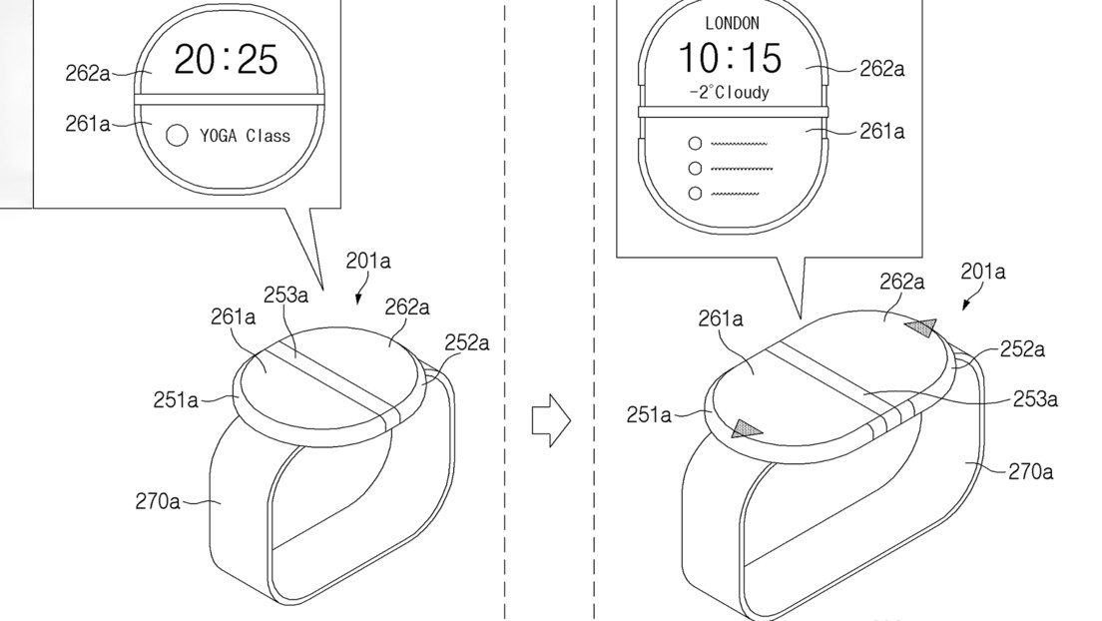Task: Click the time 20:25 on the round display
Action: (226, 60)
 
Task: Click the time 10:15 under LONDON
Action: (731, 58)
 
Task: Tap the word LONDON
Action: (732, 22)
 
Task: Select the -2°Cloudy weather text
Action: (729, 92)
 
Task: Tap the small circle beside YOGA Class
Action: (177, 135)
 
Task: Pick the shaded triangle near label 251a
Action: (746, 429)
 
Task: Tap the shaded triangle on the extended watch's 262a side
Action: (919, 326)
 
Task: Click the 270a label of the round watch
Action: (158, 501)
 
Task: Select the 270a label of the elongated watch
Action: (1030, 470)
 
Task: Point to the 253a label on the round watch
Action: (285, 295)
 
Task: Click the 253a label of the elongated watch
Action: (1034, 398)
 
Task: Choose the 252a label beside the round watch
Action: (466, 343)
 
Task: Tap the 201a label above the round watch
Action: (368, 262)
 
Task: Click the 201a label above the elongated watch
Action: (983, 271)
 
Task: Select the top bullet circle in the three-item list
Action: (695, 144)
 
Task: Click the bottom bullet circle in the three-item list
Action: (695, 193)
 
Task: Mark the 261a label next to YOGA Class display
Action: (88, 125)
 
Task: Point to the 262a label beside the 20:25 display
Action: (88, 74)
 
